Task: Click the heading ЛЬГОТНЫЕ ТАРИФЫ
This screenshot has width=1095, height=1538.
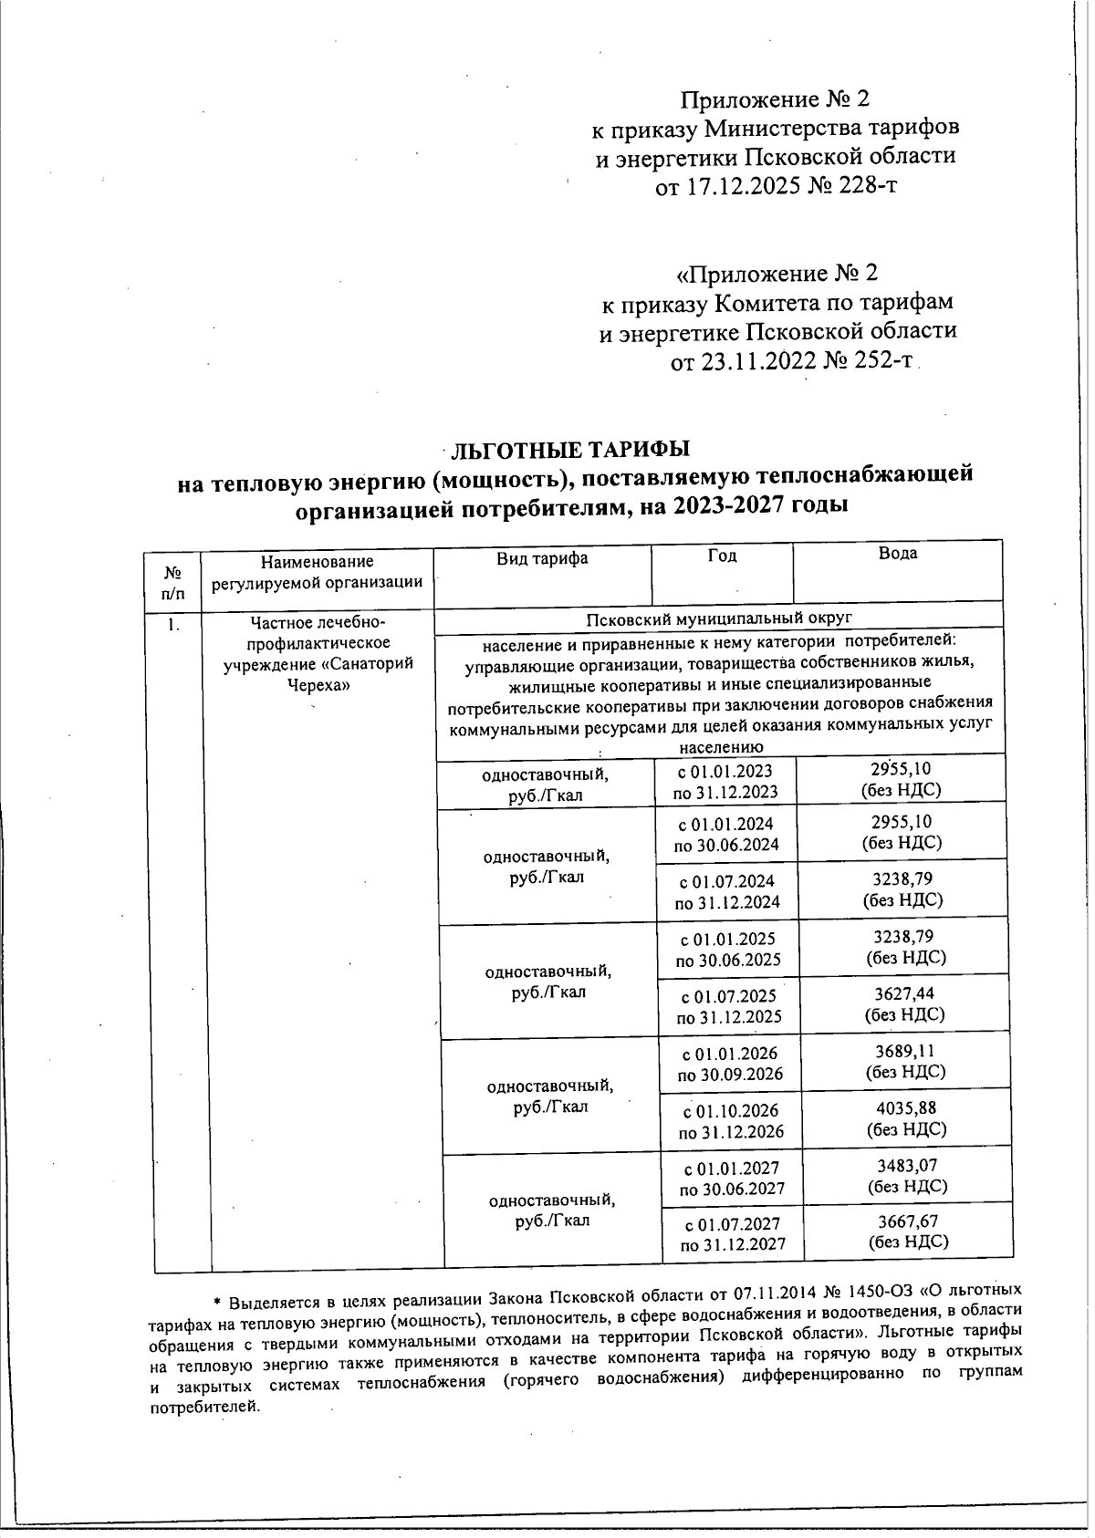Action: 571,450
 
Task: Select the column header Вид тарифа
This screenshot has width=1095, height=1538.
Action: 542,558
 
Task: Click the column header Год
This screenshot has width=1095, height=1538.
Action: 722,556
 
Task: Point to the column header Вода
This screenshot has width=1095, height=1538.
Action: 898,554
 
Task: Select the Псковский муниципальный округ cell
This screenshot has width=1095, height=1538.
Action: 720,618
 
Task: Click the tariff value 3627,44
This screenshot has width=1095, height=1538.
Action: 903,993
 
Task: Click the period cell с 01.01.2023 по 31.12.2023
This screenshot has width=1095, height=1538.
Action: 726,781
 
